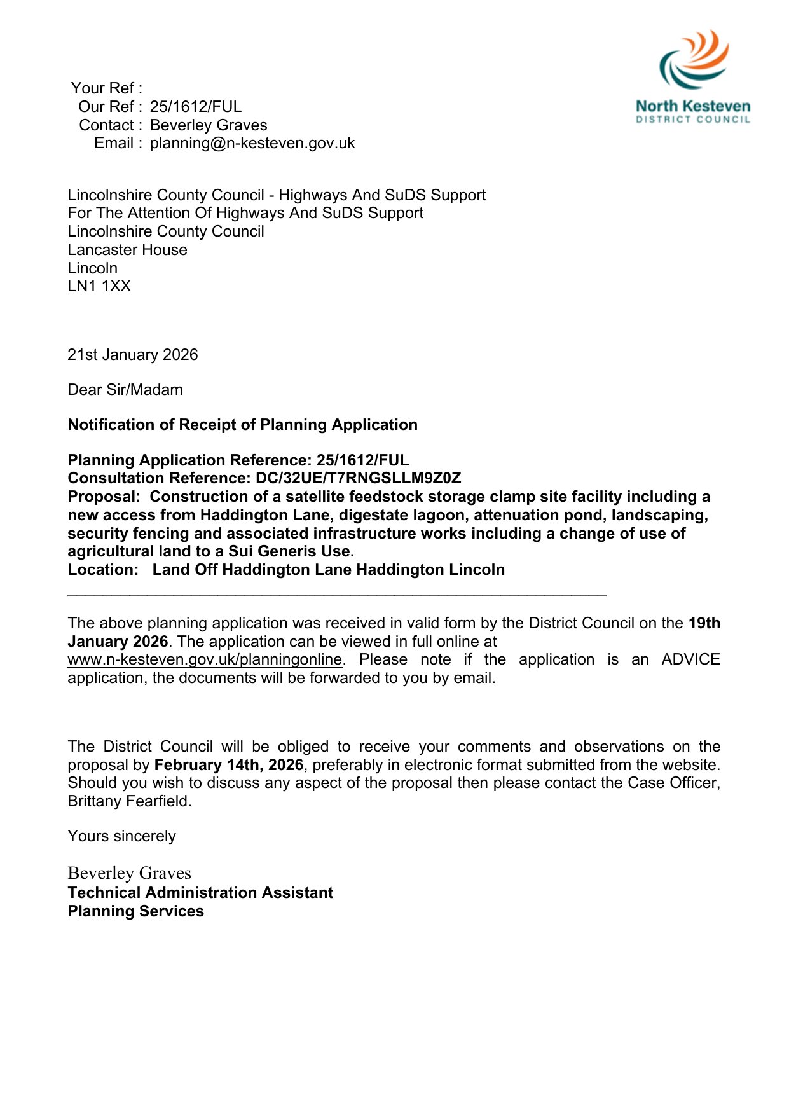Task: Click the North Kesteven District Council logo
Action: (x=693, y=77)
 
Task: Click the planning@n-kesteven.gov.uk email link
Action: (x=252, y=143)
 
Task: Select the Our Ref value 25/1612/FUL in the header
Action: (x=195, y=107)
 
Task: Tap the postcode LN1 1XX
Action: (x=99, y=286)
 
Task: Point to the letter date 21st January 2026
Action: (x=132, y=355)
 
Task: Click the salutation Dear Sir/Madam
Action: (x=125, y=390)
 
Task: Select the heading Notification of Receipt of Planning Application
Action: (x=242, y=425)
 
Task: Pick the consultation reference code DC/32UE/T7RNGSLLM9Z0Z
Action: (x=358, y=478)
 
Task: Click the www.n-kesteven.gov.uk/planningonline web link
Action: (x=205, y=659)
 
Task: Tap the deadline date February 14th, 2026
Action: (x=228, y=765)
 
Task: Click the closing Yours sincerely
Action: (x=121, y=836)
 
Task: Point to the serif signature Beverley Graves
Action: (x=129, y=873)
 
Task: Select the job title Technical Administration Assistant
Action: (x=200, y=893)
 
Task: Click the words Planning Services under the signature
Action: (x=135, y=911)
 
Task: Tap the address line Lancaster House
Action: (x=127, y=250)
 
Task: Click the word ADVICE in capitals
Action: (x=690, y=659)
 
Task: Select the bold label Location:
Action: (x=102, y=570)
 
